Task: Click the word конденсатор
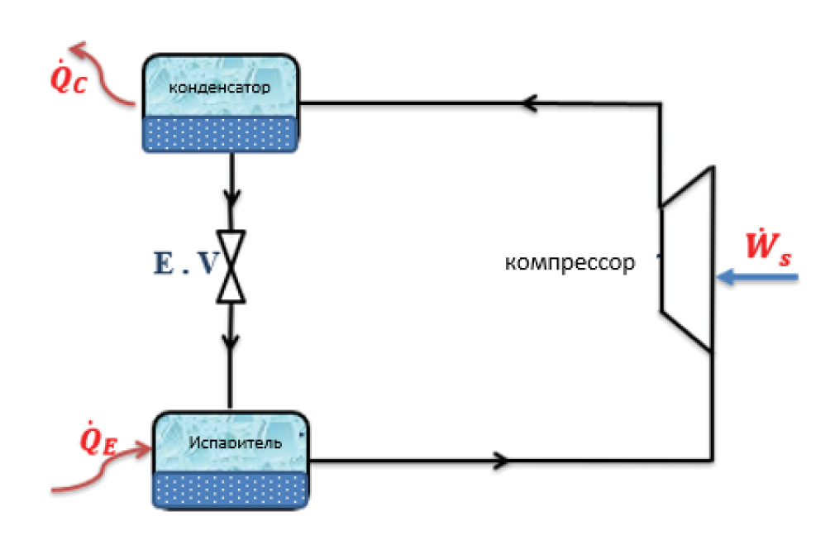point(219,87)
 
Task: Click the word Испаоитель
point(235,442)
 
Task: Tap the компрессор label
point(570,263)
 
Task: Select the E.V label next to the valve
point(186,263)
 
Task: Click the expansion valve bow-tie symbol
point(231,265)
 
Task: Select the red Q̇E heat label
point(98,441)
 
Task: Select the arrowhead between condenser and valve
point(231,198)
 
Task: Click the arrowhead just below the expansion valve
point(231,339)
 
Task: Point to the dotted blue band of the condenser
point(221,134)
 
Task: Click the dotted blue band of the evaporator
point(231,490)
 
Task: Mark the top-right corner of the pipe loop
point(659,104)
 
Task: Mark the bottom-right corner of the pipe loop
point(712,458)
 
